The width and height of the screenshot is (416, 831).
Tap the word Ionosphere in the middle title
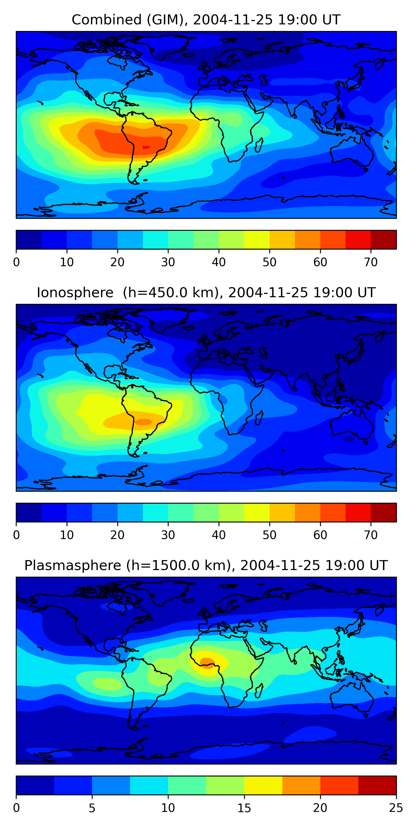[75, 293]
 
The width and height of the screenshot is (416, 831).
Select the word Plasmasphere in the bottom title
[73, 566]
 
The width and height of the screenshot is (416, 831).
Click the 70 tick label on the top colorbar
[371, 262]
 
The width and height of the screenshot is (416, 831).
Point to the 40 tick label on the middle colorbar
[219, 535]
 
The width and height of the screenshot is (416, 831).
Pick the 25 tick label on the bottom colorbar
[396, 808]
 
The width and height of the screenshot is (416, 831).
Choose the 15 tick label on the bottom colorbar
[244, 808]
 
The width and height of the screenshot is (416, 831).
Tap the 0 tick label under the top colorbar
[16, 262]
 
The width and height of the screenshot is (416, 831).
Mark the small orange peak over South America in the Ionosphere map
[144, 422]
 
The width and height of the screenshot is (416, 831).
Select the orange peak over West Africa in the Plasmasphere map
[207, 662]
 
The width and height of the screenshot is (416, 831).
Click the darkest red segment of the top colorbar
[383, 240]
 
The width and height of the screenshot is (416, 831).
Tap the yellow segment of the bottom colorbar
[263, 785]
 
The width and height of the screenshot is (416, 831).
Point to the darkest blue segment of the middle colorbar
[29, 512]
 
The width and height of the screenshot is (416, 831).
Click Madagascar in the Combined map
[259, 145]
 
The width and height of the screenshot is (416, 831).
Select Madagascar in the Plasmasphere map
[259, 691]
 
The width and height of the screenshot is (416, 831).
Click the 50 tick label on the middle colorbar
[269, 535]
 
